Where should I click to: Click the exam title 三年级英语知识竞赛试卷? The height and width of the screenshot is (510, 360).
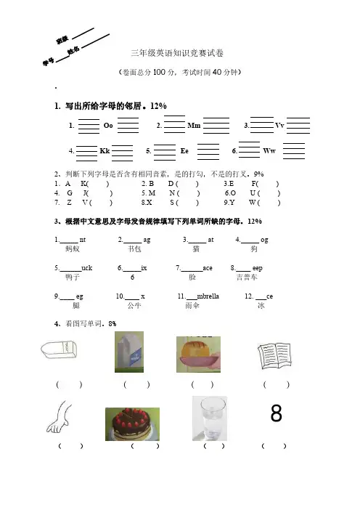177,53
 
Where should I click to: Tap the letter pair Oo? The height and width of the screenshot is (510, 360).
108,126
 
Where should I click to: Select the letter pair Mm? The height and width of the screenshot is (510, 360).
194,126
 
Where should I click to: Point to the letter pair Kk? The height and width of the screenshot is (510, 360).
105,151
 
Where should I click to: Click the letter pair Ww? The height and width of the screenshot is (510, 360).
269,151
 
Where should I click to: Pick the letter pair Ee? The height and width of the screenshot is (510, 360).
184,151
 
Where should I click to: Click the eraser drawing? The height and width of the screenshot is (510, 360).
59,349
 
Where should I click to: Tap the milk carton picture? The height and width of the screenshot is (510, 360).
129,352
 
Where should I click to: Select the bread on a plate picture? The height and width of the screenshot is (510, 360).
198,355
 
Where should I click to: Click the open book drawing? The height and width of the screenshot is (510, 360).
274,355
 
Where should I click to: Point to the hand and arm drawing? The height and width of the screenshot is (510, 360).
59,417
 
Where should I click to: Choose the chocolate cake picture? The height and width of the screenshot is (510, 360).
132,424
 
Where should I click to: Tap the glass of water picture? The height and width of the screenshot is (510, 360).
210,418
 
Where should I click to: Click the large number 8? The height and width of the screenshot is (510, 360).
277,413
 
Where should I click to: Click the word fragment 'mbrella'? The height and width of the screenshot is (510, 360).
208,296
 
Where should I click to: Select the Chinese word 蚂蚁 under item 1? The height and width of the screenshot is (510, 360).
73,248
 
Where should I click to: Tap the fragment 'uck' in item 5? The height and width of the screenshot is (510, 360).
87,268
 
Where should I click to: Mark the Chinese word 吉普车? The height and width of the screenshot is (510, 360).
247,277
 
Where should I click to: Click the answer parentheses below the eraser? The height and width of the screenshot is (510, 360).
69,385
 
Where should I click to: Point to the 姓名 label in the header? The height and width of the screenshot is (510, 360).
73,50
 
